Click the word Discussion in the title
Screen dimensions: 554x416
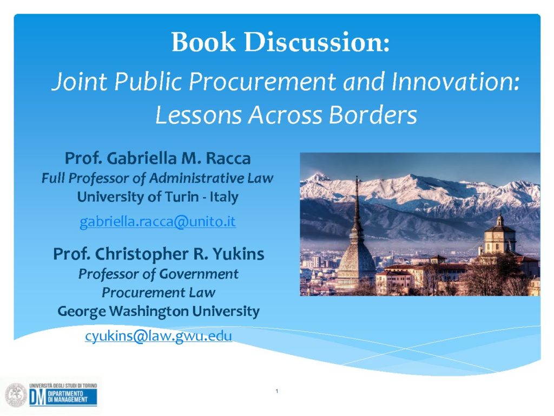[317, 42]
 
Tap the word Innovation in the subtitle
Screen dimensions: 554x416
[456, 81]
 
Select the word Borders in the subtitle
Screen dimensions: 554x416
[373, 115]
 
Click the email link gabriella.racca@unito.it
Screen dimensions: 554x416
[157, 222]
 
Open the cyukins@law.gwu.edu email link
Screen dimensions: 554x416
[159, 336]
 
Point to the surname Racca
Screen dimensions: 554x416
[228, 158]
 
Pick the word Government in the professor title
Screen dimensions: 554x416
[199, 274]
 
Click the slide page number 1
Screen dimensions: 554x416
[277, 391]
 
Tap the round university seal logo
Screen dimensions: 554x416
[16, 395]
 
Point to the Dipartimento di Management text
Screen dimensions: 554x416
[68, 397]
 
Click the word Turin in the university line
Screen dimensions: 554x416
[182, 197]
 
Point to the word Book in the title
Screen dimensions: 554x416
[203, 42]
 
